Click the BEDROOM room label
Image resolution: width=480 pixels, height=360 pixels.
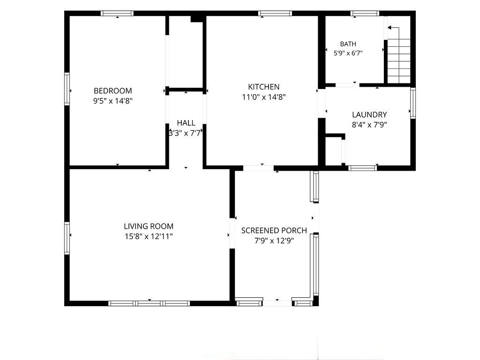[112, 91]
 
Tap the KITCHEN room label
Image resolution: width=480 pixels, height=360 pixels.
[263, 87]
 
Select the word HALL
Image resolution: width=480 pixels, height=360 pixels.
[186, 123]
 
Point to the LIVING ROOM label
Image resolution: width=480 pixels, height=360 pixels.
[149, 226]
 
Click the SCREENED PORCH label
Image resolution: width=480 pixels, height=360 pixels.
[274, 231]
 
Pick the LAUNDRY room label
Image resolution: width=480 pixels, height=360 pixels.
[369, 115]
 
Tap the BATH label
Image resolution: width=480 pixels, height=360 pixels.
[348, 44]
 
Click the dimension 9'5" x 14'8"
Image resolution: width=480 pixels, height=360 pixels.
[112, 101]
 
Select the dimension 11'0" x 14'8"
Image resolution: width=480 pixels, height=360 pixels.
[263, 97]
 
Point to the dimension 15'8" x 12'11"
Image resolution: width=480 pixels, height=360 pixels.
[149, 237]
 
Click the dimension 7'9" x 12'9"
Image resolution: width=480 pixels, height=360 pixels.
[274, 241]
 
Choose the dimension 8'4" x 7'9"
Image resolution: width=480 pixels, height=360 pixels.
[369, 125]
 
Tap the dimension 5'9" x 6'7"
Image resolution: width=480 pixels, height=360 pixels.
[348, 53]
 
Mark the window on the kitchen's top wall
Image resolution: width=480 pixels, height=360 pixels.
[275, 13]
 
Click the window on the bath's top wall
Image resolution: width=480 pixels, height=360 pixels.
[365, 13]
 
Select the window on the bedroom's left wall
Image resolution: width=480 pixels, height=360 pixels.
[67, 89]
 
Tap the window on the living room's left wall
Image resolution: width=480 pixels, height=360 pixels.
[67, 238]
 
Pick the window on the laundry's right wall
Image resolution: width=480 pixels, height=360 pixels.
[413, 103]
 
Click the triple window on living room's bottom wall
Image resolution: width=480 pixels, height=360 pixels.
[149, 303]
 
